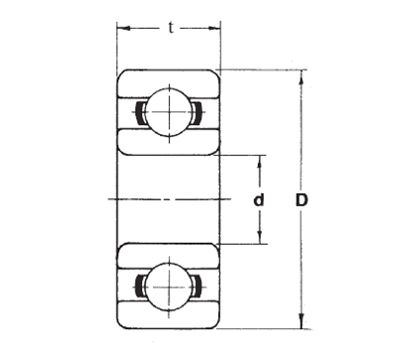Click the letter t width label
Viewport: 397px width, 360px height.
click(171, 28)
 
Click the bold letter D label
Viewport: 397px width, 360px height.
click(302, 200)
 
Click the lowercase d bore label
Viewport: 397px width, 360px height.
click(259, 200)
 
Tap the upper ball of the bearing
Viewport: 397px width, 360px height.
click(169, 112)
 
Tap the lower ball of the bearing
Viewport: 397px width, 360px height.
click(169, 287)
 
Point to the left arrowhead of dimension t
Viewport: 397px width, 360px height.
click(123, 29)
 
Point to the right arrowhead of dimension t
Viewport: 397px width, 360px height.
click(214, 29)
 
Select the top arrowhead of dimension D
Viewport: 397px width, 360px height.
click(301, 77)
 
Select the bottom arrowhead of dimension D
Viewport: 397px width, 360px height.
click(301, 321)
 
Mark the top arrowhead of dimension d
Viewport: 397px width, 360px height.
click(260, 162)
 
